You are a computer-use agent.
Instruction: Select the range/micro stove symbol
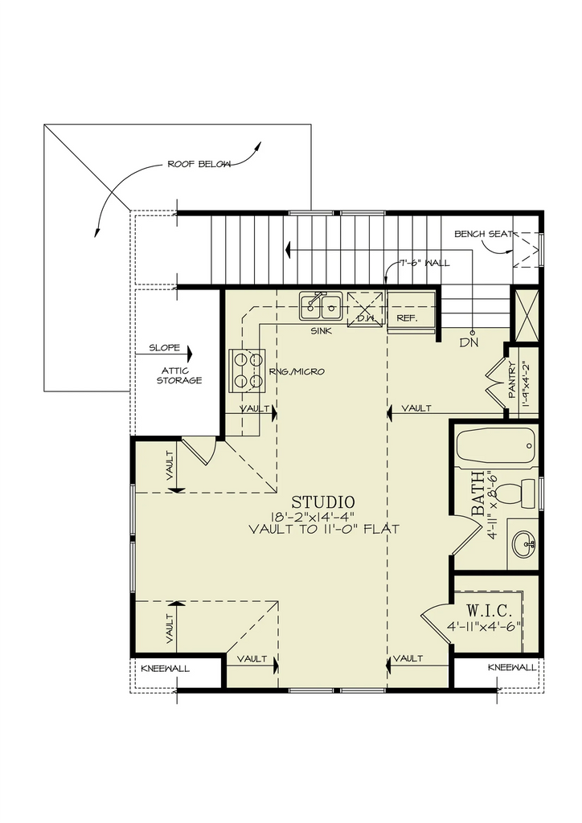click(247, 369)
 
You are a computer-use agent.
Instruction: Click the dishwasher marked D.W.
click(366, 310)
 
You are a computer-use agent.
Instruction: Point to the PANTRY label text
click(512, 379)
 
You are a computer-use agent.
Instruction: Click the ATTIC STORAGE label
click(178, 375)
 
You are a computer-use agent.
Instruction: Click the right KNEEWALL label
click(512, 668)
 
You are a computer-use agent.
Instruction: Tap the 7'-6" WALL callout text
click(424, 263)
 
